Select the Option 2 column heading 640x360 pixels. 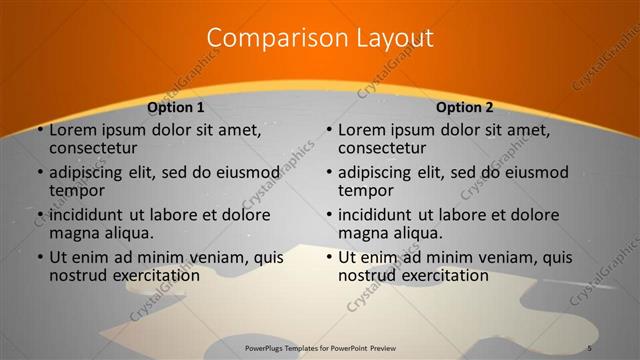point(465,107)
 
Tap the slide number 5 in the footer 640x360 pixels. point(589,347)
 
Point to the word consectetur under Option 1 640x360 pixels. point(99,149)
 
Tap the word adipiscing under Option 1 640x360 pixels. point(90,172)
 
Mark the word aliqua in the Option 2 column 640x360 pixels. point(417,233)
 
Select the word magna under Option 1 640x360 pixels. point(75,233)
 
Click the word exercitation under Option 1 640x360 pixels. point(151,275)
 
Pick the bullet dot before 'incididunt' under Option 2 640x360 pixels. point(329,215)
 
